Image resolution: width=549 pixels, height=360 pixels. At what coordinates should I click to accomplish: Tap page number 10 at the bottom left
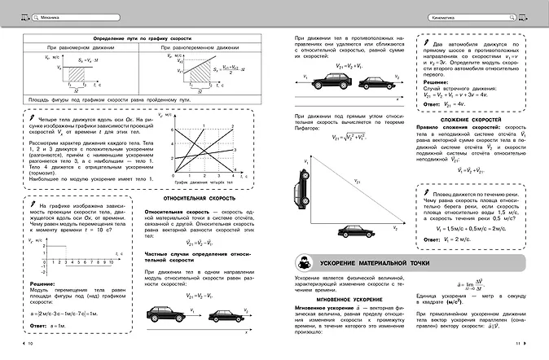click(30, 345)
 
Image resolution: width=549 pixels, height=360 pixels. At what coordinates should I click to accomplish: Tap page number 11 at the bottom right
click(518, 345)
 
